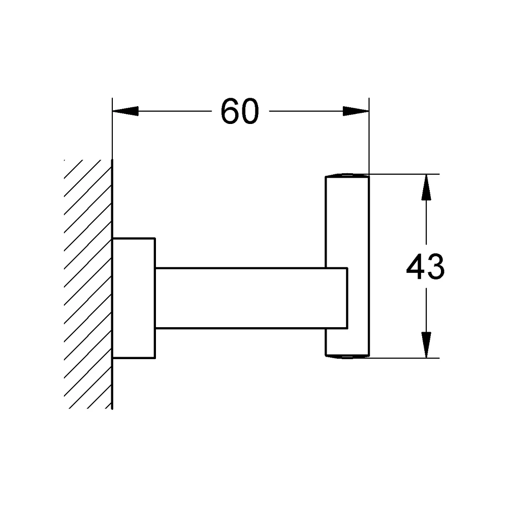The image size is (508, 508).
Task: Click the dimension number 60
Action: coord(240,111)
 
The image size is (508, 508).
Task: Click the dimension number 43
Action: coord(425,267)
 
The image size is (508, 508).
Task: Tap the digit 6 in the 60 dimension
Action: coord(230,111)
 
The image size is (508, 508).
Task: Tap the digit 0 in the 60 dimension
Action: coord(250,111)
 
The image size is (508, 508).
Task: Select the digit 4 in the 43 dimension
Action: coord(416,267)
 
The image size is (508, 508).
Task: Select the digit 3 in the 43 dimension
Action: coord(436,267)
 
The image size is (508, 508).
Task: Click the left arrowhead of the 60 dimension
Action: coord(125,111)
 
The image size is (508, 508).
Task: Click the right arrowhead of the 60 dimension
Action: coord(356,111)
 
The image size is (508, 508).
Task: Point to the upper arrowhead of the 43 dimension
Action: coord(426,187)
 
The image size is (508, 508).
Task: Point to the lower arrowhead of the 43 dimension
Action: coord(426,345)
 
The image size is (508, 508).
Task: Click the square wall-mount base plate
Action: coord(134,298)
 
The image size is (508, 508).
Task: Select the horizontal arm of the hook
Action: coord(251,298)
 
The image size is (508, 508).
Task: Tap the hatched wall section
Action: coord(88,284)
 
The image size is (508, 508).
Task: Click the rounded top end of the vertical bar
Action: coord(347,175)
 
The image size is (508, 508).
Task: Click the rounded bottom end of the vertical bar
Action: coord(347,357)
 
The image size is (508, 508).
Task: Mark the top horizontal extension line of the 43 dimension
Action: coord(404,174)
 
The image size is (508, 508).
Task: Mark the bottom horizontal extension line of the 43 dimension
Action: coord(404,358)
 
